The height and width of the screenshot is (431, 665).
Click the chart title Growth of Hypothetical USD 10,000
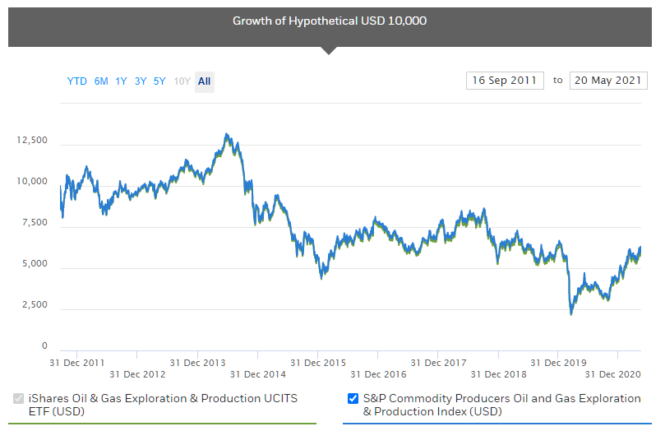tap(330, 21)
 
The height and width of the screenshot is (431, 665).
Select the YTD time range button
tap(76, 81)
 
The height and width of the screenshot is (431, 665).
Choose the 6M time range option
tap(101, 81)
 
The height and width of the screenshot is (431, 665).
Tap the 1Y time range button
tap(121, 81)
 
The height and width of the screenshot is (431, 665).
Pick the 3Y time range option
tap(141, 81)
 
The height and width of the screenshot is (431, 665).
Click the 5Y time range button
tap(159, 81)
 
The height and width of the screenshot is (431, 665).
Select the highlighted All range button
tap(204, 81)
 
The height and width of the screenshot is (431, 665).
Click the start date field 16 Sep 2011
tap(504, 81)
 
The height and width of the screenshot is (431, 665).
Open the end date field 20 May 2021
tap(607, 81)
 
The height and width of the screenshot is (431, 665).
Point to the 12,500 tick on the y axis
tap(32, 141)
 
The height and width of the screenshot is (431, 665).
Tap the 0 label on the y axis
tap(44, 346)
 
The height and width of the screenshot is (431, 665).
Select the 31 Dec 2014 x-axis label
tap(257, 374)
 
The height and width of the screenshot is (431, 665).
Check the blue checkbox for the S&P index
tap(353, 399)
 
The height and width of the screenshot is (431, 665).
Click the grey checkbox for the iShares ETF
tap(19, 399)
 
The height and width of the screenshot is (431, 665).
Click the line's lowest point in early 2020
tap(570, 313)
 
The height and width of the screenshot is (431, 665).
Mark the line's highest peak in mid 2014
tap(226, 134)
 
